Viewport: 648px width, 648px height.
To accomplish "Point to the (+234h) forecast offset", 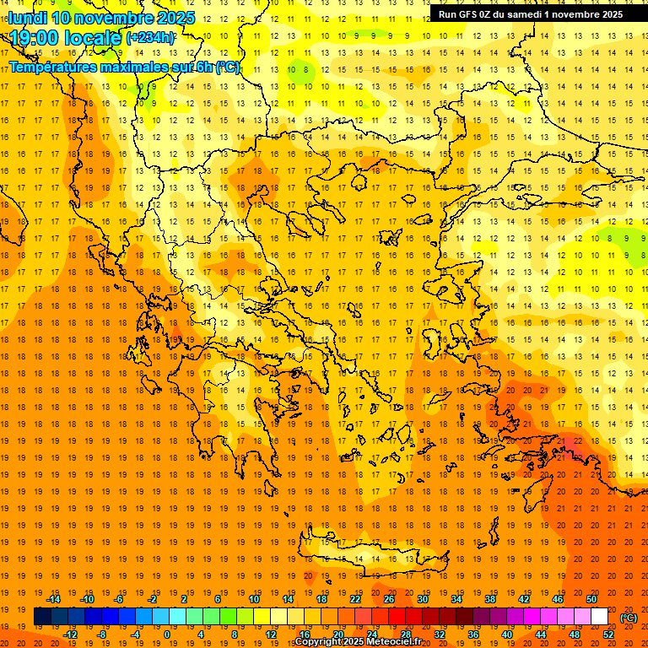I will tap(150, 37).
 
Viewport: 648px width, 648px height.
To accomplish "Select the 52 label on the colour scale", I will tap(608, 634).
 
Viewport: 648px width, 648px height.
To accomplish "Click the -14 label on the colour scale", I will tap(54, 599).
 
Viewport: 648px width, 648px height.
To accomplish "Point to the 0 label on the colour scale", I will tap(166, 634).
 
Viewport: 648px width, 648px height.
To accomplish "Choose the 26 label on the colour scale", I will tap(389, 599).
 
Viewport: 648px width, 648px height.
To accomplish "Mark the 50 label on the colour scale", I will tap(591, 599).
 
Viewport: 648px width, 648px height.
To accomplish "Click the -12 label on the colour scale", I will tap(71, 634).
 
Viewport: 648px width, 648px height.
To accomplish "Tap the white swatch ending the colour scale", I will tap(599, 617).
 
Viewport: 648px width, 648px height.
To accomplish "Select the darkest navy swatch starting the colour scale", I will tap(42, 617).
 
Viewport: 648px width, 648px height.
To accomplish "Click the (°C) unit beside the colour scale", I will tap(629, 618).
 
